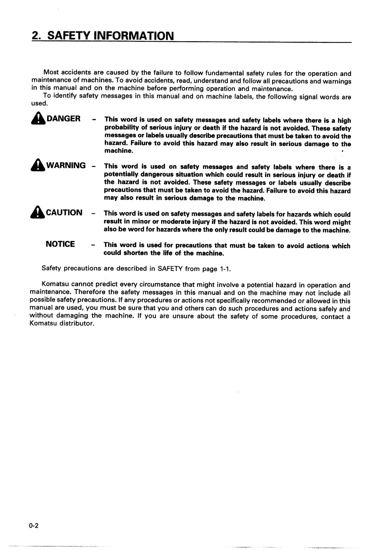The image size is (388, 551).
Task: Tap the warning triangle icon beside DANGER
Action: (38, 120)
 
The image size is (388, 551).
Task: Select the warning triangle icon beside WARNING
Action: (38, 167)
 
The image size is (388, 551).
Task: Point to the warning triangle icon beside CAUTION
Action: (38, 213)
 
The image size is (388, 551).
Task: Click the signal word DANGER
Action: (63, 119)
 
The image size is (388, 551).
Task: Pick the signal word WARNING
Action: (66, 166)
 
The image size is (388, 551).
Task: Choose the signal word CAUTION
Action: (64, 213)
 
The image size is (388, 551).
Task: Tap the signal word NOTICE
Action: (60, 244)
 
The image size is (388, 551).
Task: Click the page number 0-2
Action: (34, 526)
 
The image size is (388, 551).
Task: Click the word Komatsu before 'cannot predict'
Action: (55, 284)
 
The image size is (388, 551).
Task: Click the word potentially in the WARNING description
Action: (121, 175)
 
